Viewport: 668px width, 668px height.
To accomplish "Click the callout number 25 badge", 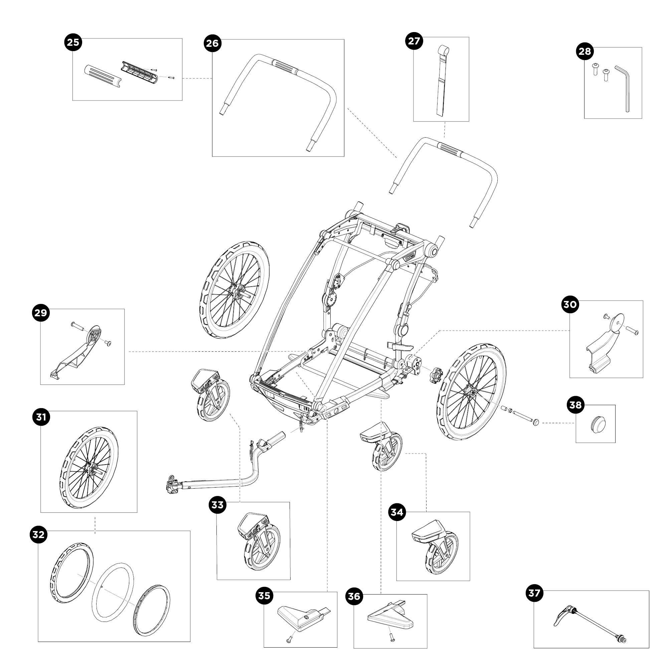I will pos(73,42).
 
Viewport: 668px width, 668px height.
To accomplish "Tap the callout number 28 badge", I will pos(585,51).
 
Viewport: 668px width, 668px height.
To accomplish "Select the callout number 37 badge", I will pos(534,593).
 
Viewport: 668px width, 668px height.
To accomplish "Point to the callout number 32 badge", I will pos(38,534).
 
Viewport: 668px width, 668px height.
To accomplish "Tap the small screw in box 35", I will pos(289,640).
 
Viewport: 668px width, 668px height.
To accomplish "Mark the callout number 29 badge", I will pos(41,313).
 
